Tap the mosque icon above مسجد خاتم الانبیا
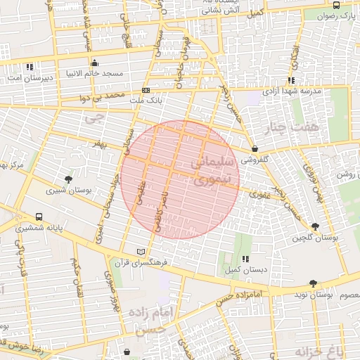click(95, 63)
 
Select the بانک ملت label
click(146, 101)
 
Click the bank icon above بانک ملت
click(146, 90)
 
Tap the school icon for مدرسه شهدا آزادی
click(291, 81)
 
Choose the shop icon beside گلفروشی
click(254, 149)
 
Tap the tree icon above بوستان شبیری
click(68, 179)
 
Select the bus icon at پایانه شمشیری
click(38, 217)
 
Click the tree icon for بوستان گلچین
click(314, 226)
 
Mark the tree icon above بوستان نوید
click(313, 283)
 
